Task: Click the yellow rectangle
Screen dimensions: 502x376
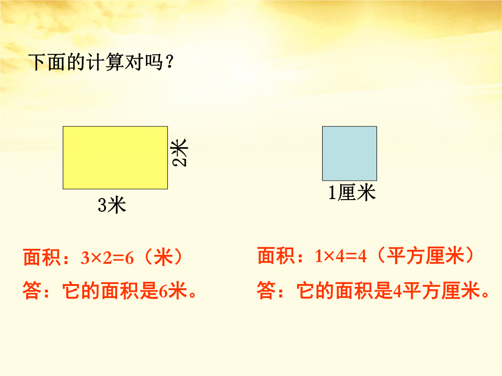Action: click(115, 158)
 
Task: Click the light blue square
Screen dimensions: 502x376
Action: click(349, 154)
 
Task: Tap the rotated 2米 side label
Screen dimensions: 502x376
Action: click(179, 153)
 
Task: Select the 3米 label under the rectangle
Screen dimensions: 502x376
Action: click(112, 205)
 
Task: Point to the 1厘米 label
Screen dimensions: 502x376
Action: click(352, 193)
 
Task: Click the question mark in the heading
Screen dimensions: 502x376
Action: click(170, 62)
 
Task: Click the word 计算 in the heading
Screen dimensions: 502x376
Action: click(106, 62)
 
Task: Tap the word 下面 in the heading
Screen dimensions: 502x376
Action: click(48, 62)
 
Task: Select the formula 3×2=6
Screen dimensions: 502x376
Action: click(107, 258)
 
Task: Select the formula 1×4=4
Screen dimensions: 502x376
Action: click(340, 256)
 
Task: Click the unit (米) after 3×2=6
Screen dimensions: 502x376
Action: click(164, 257)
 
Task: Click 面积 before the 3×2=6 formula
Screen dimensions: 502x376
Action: click(42, 257)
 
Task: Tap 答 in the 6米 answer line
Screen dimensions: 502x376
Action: click(32, 290)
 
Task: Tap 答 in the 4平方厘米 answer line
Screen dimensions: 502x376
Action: click(266, 290)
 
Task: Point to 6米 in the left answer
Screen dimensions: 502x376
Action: click(173, 291)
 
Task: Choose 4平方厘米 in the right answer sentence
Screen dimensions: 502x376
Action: click(436, 291)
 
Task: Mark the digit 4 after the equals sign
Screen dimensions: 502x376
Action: click(362, 256)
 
